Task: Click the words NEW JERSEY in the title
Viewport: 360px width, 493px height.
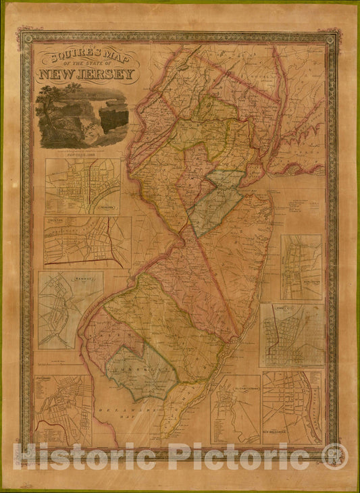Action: tap(86, 75)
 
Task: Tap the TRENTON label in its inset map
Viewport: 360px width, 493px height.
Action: tap(54, 221)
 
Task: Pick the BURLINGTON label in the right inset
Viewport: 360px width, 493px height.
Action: tap(309, 285)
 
